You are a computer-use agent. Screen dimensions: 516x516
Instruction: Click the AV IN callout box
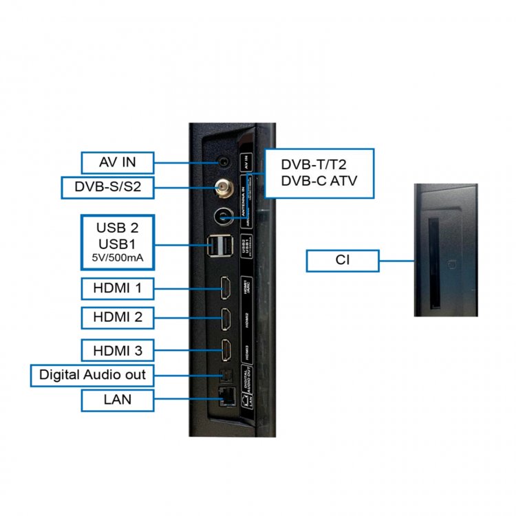(117, 163)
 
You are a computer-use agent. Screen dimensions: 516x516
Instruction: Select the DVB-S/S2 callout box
(117, 186)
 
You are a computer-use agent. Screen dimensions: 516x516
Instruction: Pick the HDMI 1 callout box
(117, 288)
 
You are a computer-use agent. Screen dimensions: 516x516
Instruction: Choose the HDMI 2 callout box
(117, 318)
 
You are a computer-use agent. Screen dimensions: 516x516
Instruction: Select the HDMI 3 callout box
(117, 351)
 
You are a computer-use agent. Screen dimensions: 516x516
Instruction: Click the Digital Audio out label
(92, 375)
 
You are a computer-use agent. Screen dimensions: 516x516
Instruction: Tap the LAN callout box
(117, 399)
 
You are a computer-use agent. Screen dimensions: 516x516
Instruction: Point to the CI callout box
(343, 261)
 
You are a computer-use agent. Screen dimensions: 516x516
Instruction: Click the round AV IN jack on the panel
(224, 162)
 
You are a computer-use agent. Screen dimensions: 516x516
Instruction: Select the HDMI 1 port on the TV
(224, 288)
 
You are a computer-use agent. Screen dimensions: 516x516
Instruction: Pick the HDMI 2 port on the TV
(224, 318)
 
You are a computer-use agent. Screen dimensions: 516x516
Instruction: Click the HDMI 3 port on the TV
(224, 350)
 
